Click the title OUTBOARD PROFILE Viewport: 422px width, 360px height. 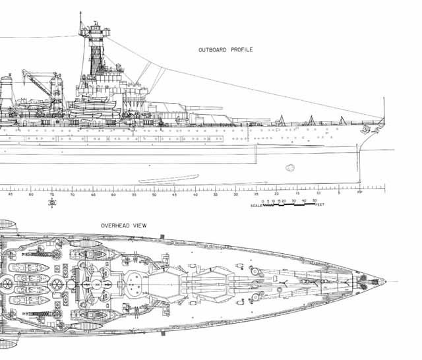tap(226, 49)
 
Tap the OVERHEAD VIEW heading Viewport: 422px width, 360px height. tap(123, 225)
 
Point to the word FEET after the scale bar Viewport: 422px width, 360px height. tap(319, 205)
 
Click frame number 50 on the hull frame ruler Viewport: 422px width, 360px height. tap(154, 195)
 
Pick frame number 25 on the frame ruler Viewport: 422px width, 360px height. tap(256, 195)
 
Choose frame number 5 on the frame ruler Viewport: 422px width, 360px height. tap(338, 194)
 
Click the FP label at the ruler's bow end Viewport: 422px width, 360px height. tap(359, 194)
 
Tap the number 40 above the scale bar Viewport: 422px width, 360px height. tap(303, 200)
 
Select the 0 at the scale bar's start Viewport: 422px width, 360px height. tap(262, 200)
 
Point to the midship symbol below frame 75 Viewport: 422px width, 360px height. tap(52, 202)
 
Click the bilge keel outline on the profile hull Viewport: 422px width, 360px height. tap(169, 178)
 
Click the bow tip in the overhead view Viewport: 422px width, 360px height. tap(385, 281)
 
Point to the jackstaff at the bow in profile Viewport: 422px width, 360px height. tap(384, 109)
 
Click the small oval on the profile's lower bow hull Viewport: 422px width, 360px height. tap(289, 167)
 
